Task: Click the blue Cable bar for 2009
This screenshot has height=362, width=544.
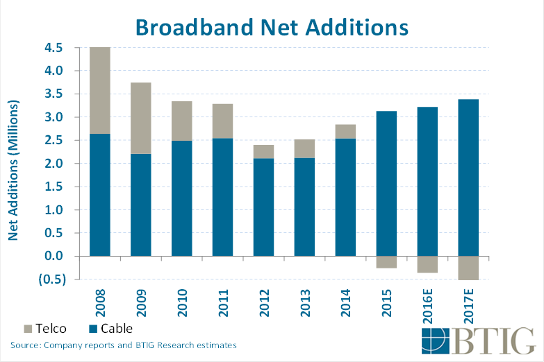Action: [140, 205]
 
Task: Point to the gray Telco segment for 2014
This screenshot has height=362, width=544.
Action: [345, 131]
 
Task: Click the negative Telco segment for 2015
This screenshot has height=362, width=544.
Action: [386, 262]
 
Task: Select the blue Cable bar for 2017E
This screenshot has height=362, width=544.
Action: [468, 178]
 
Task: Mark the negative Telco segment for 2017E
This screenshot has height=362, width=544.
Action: [468, 268]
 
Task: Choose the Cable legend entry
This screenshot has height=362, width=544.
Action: [109, 328]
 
